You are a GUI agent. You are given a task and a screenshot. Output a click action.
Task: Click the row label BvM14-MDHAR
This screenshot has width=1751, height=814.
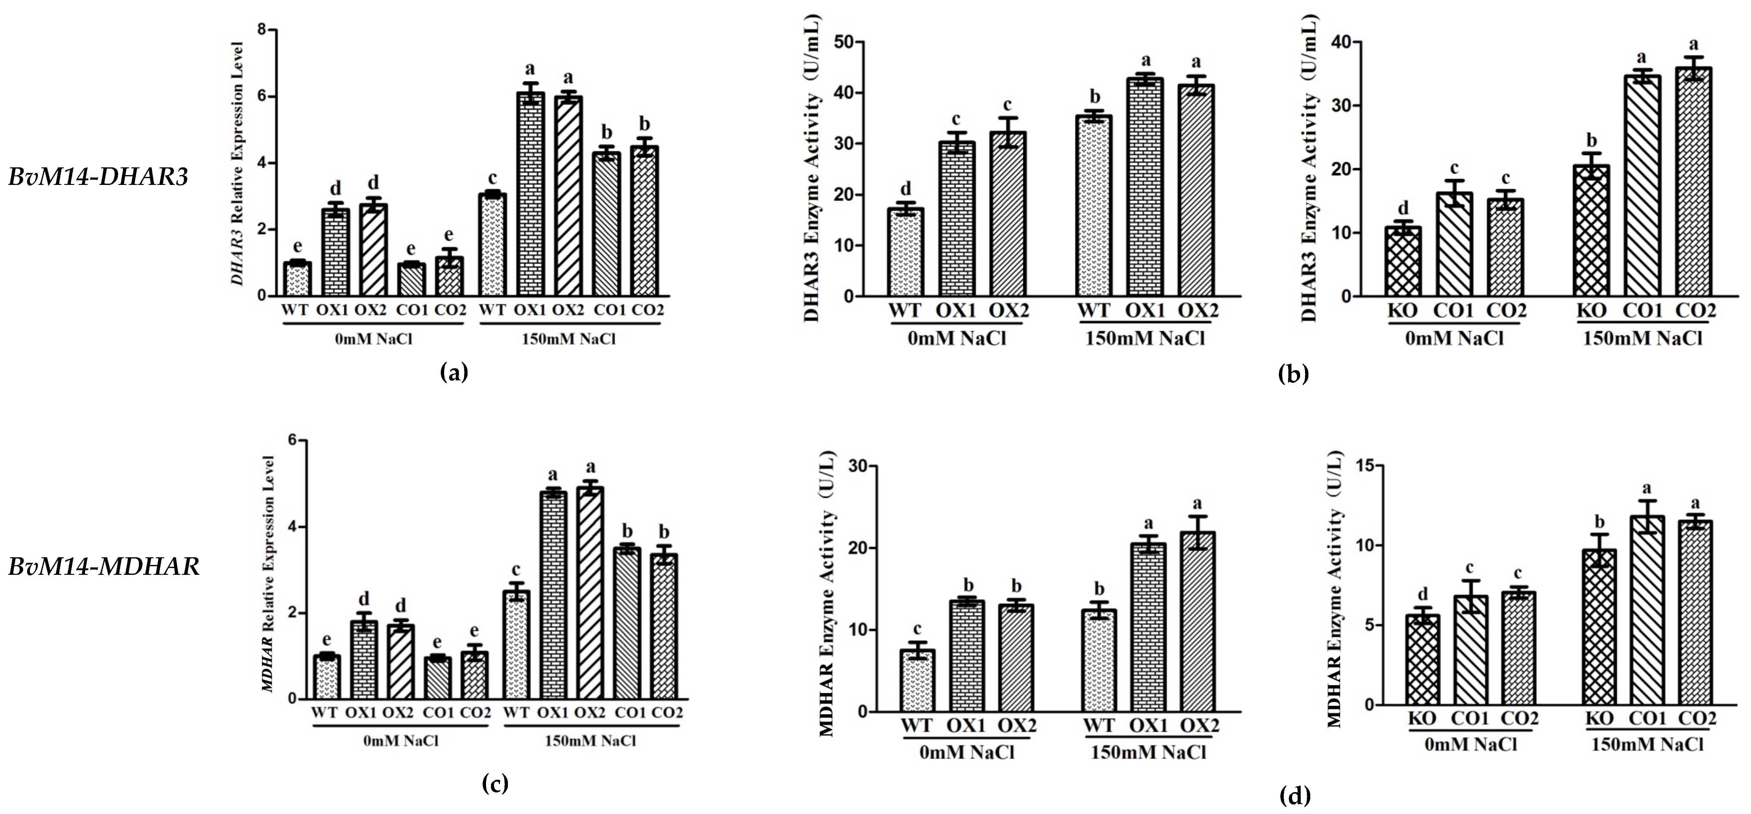coord(104,567)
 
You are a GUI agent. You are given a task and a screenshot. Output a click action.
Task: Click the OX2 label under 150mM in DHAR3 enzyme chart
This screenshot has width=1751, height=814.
coord(1198,311)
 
